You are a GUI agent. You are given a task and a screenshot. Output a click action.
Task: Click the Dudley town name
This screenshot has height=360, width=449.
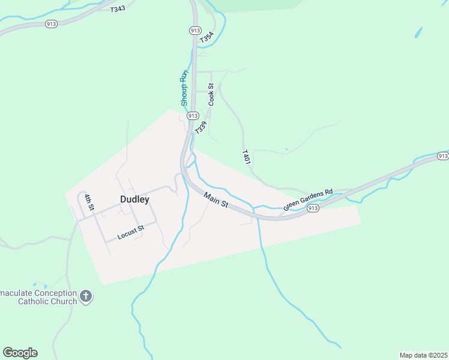[x=134, y=200]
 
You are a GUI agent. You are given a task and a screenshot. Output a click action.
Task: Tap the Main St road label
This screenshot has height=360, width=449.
[x=216, y=200]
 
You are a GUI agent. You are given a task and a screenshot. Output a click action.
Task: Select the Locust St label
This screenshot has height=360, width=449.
[x=131, y=232]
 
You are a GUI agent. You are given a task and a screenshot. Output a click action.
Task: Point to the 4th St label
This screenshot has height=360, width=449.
[x=89, y=202]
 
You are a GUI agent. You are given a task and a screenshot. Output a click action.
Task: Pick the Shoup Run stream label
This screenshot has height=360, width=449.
[x=185, y=88]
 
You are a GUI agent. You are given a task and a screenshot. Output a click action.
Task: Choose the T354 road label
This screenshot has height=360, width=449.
[x=206, y=37]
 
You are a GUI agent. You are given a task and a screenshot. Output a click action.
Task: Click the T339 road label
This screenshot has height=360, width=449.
[x=200, y=127]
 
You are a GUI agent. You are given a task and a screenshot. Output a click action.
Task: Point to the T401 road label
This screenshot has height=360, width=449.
[x=246, y=158]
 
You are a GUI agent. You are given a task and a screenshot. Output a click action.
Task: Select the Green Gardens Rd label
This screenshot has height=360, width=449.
[x=308, y=200]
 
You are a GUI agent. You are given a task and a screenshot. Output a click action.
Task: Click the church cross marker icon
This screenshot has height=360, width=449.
[x=86, y=296]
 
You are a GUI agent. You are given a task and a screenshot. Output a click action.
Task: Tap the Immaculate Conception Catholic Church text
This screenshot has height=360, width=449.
[x=38, y=297]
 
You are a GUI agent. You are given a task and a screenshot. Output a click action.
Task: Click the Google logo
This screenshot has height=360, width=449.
[x=20, y=352]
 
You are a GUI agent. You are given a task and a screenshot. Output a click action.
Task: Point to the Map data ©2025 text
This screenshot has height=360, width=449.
[x=423, y=355]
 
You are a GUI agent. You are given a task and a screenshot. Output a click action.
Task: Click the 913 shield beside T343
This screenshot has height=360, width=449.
[x=50, y=24]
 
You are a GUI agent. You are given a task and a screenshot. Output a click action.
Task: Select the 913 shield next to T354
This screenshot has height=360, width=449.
[x=194, y=30]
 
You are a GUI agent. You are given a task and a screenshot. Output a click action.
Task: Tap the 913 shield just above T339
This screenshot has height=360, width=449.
[x=193, y=115]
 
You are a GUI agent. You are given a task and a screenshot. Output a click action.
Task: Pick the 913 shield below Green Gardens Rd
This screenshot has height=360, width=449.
[x=313, y=208]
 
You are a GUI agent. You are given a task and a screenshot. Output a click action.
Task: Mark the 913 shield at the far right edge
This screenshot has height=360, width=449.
[x=442, y=156]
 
